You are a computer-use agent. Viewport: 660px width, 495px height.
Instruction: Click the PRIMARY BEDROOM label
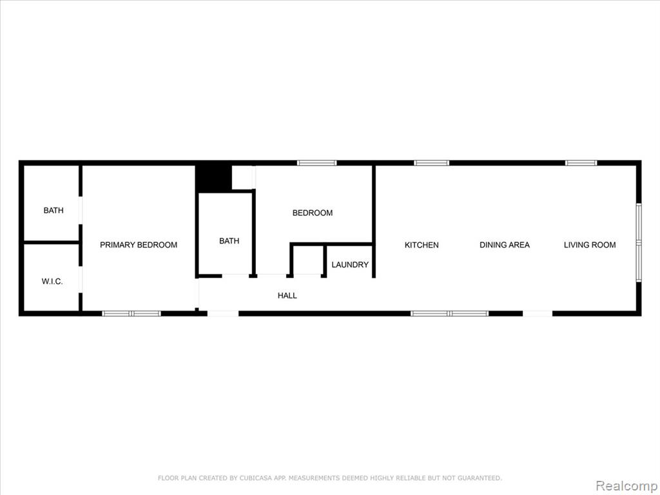(x=139, y=245)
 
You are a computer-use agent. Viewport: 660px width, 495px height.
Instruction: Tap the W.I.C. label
(x=52, y=282)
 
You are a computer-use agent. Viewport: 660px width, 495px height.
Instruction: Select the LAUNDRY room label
(x=350, y=265)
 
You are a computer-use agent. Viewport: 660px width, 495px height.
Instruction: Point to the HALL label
(x=287, y=295)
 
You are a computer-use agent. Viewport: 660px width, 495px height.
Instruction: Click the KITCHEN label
(x=422, y=245)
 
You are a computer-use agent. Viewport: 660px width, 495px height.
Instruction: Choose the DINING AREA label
(x=504, y=245)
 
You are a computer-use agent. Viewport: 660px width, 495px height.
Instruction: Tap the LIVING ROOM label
(x=590, y=245)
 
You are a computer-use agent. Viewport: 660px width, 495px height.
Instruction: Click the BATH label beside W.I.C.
(x=53, y=211)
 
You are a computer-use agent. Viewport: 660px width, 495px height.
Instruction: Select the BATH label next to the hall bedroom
(x=229, y=241)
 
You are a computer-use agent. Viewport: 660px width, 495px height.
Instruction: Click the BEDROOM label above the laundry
(x=313, y=213)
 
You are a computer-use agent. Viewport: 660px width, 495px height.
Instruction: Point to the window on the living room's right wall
(x=639, y=242)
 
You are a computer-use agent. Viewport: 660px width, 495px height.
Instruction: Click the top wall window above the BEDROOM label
(x=316, y=163)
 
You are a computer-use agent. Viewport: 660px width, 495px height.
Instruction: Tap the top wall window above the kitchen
(x=431, y=163)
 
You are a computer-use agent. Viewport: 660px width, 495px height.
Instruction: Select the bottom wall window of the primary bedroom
(x=131, y=314)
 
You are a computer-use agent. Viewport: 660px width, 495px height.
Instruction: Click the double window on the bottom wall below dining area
(x=449, y=314)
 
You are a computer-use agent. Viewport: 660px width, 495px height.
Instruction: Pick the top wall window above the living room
(x=581, y=163)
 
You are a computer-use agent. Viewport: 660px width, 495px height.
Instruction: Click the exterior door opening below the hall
(x=222, y=314)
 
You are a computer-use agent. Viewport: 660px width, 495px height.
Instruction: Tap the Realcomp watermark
(x=626, y=486)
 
